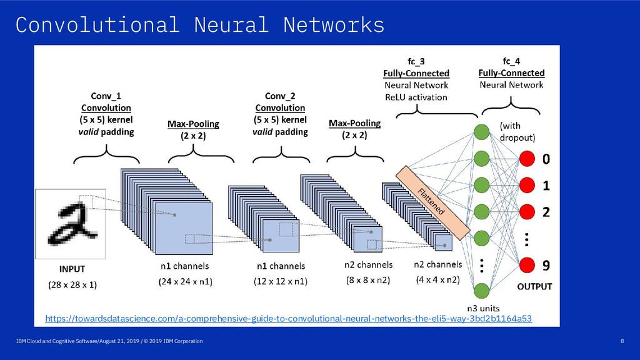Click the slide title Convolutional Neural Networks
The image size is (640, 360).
[x=200, y=25]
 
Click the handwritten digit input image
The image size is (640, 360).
[x=70, y=224]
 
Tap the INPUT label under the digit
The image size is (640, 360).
[x=72, y=269]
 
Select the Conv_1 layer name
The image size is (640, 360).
[x=106, y=96]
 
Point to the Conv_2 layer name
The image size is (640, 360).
[x=280, y=96]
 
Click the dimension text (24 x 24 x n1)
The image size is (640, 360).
[x=185, y=281]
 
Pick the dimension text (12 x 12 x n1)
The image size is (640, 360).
[x=281, y=281]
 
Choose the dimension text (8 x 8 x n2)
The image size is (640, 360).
[x=368, y=280]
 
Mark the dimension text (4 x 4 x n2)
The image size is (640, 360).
[x=438, y=279]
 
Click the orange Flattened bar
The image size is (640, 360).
[x=432, y=203]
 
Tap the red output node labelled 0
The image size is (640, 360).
[x=527, y=159]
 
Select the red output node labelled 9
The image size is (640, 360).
[x=527, y=265]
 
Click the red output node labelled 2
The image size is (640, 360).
[x=527, y=212]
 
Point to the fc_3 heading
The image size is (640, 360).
[x=416, y=61]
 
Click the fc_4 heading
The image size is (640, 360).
[x=511, y=61]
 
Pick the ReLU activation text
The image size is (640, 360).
[x=416, y=97]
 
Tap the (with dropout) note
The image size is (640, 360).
[x=517, y=131]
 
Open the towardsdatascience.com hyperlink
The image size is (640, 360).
[x=289, y=318]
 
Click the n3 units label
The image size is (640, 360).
[x=483, y=308]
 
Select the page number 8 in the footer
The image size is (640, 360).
[x=622, y=341]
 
